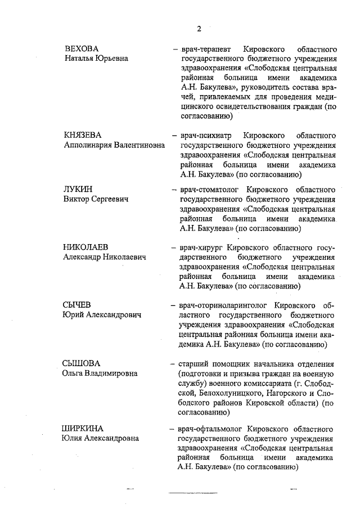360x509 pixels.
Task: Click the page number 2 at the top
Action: [x=199, y=29]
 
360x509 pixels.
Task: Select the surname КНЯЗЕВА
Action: [x=83, y=136]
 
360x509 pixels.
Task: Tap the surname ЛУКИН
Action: [x=78, y=190]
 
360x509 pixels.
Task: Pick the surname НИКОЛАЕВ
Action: [x=87, y=247]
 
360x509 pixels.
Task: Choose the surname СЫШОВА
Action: [x=81, y=363]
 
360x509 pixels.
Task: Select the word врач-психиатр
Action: [x=205, y=136]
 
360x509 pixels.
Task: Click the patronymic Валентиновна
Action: [x=134, y=145]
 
